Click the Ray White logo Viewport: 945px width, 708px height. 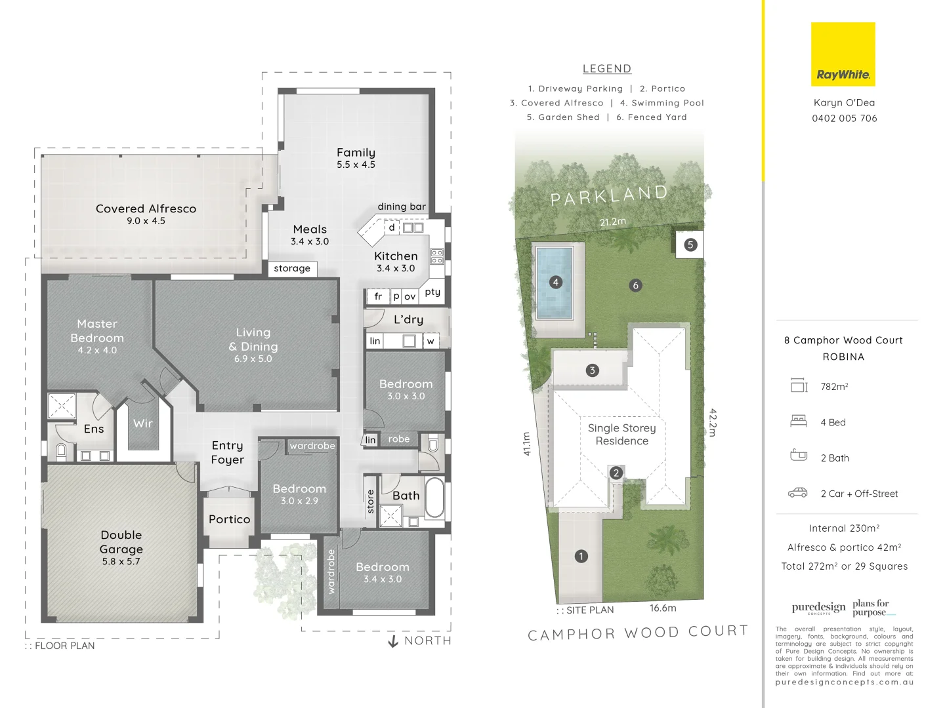(843, 54)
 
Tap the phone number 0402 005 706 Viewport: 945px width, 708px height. (844, 119)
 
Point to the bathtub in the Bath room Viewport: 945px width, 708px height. (434, 498)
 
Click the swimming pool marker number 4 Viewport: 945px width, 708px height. (556, 283)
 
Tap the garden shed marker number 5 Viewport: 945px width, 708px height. (690, 245)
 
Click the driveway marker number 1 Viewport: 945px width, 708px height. (581, 557)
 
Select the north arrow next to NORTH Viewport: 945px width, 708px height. (393, 641)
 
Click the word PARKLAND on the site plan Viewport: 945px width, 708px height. (609, 195)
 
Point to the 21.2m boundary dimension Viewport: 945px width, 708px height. (613, 222)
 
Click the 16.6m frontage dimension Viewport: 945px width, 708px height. (663, 608)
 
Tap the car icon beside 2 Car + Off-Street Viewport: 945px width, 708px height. (798, 493)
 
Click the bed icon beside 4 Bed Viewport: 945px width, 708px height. (799, 422)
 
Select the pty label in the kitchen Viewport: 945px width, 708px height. (432, 292)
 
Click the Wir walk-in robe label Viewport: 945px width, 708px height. (143, 423)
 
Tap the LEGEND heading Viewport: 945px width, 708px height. (607, 69)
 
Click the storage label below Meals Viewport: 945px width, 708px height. (292, 269)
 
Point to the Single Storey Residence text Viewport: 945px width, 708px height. (621, 435)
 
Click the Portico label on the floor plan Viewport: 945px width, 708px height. (229, 519)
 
